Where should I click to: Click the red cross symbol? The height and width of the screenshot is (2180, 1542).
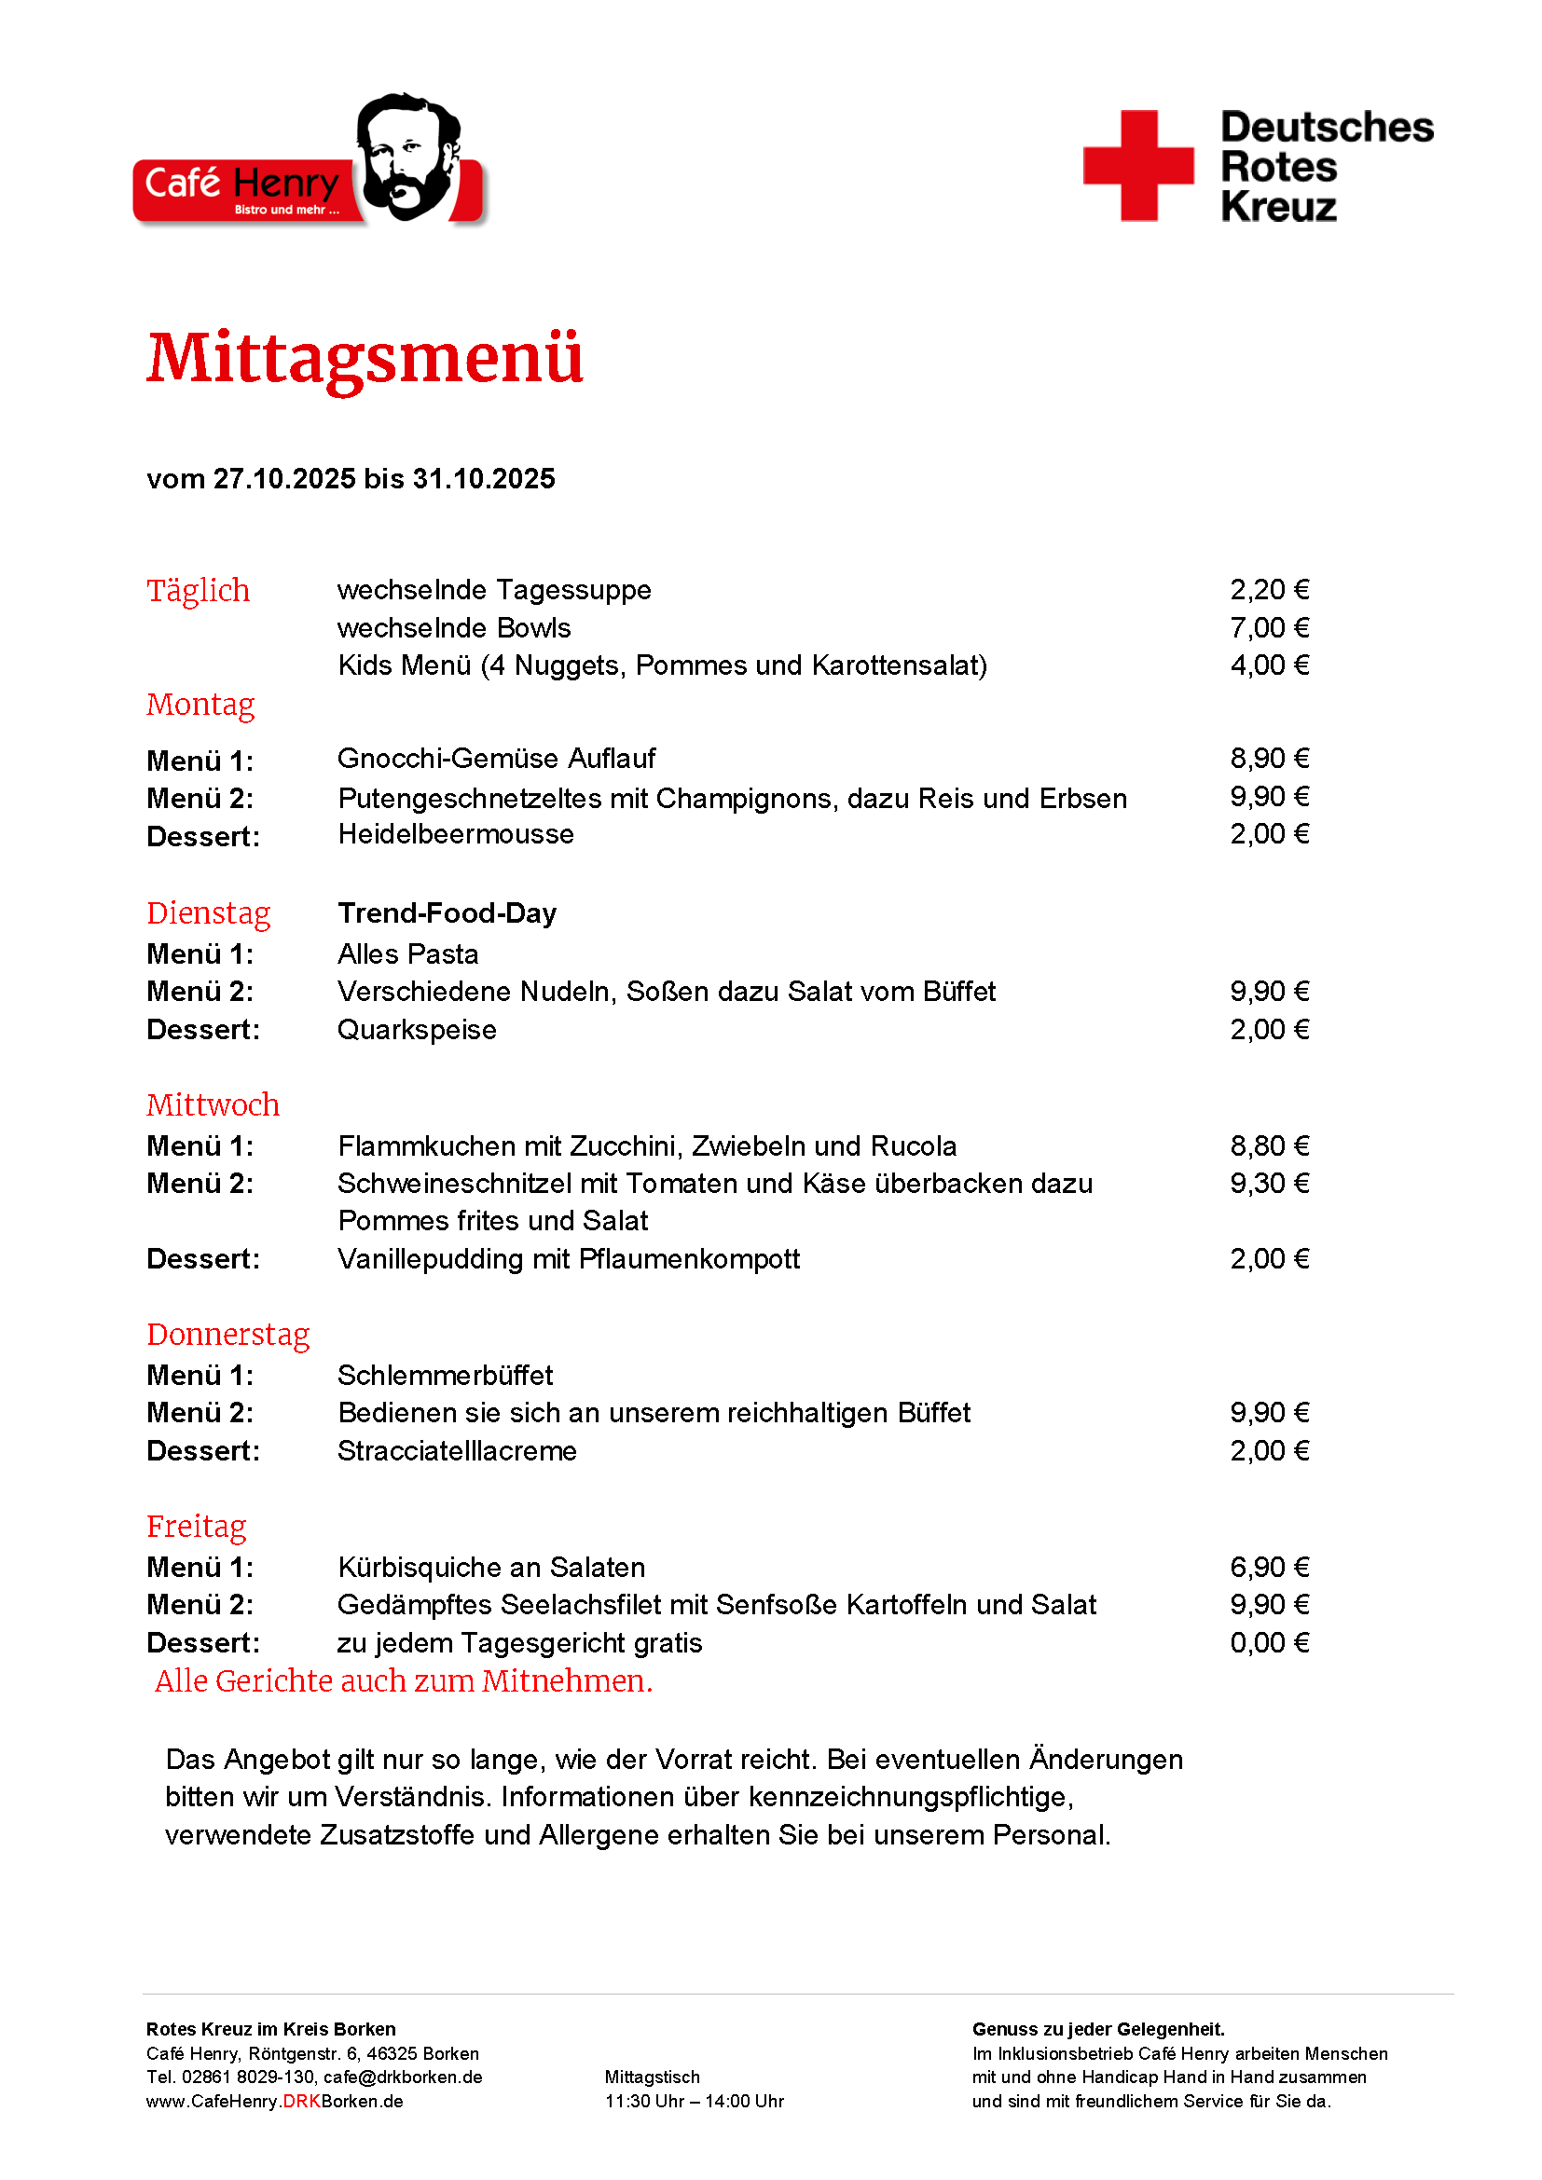tap(1137, 166)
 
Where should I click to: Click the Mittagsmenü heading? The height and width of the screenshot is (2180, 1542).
tap(365, 359)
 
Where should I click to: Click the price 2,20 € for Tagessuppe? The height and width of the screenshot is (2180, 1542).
tap(1269, 590)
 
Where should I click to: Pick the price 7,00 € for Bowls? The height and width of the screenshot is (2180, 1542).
tap(1269, 627)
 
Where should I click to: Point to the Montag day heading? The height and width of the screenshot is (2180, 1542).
tap(200, 705)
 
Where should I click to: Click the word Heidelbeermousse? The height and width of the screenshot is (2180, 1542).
tap(456, 834)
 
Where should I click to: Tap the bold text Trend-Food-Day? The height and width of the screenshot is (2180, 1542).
tap(447, 913)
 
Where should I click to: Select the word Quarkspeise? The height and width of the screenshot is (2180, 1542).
tap(417, 1030)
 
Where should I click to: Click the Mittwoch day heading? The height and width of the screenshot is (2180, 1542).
tap(213, 1105)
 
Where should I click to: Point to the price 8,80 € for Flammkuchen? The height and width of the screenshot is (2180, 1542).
tap(1269, 1146)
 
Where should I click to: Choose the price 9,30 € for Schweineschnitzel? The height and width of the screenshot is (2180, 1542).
tap(1269, 1183)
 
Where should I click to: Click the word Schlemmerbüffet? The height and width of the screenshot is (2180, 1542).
tap(445, 1376)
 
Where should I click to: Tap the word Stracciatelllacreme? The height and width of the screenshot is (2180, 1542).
tap(457, 1451)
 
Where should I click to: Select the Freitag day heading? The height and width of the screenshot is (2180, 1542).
tap(196, 1527)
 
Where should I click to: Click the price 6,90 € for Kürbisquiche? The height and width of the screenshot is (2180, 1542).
tap(1269, 1568)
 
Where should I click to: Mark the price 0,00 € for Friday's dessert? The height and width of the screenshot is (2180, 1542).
tap(1269, 1642)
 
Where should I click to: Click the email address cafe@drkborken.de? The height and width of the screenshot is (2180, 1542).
tap(403, 2077)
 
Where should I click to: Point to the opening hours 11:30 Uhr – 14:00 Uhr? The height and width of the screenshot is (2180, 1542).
tap(695, 2101)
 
